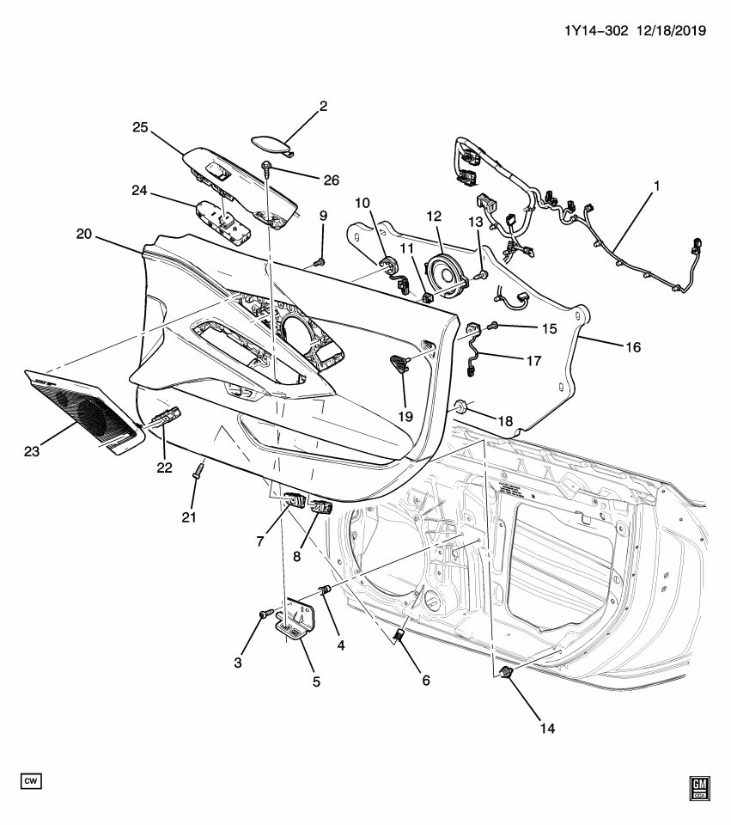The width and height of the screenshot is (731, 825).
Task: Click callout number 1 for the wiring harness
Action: (x=657, y=185)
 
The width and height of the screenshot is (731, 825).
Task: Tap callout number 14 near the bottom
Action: (x=547, y=728)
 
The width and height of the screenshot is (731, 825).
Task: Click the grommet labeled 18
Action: (x=461, y=406)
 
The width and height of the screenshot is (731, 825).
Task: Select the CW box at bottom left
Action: (x=32, y=780)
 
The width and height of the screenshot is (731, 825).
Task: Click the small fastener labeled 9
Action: (x=320, y=260)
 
